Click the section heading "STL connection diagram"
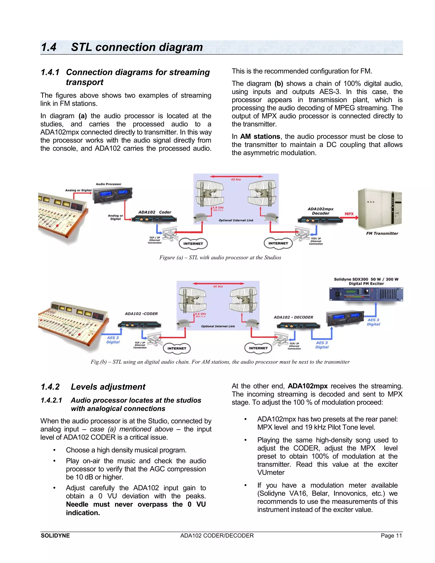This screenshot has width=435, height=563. click(x=137, y=47)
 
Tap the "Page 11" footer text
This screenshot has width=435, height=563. click(x=391, y=536)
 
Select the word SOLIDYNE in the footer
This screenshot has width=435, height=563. click(x=55, y=536)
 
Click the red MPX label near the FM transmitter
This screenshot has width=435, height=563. click(x=349, y=214)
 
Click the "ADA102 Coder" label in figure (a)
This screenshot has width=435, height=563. click(x=155, y=212)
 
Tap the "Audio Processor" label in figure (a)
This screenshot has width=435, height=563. click(x=109, y=184)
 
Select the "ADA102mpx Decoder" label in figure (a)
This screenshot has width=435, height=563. click(x=321, y=211)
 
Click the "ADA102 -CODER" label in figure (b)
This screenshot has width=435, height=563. click(x=141, y=314)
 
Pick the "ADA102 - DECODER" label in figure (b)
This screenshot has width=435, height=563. click(x=293, y=317)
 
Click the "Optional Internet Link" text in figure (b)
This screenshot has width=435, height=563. click(x=218, y=326)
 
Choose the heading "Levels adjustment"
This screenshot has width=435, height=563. click(x=108, y=387)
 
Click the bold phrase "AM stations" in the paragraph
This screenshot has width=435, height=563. click(x=260, y=136)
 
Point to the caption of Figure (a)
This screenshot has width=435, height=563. click(x=220, y=257)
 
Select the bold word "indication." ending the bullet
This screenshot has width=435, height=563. click(x=83, y=513)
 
